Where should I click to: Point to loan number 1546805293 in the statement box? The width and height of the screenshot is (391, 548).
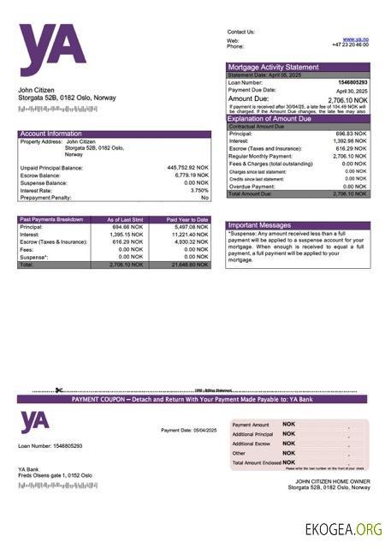pos(352,82)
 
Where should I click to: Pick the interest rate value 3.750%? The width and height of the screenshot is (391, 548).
pos(198,190)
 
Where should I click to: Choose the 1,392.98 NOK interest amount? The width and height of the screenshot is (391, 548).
pos(351,141)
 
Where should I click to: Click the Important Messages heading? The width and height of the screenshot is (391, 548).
pos(260,224)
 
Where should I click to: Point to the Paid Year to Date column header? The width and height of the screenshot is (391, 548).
pos(187,219)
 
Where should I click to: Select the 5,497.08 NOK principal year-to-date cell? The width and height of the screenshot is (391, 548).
pos(187,227)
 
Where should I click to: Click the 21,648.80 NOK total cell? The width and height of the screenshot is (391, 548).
pos(187,265)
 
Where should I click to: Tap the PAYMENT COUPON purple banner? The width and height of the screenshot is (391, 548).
pos(193,399)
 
